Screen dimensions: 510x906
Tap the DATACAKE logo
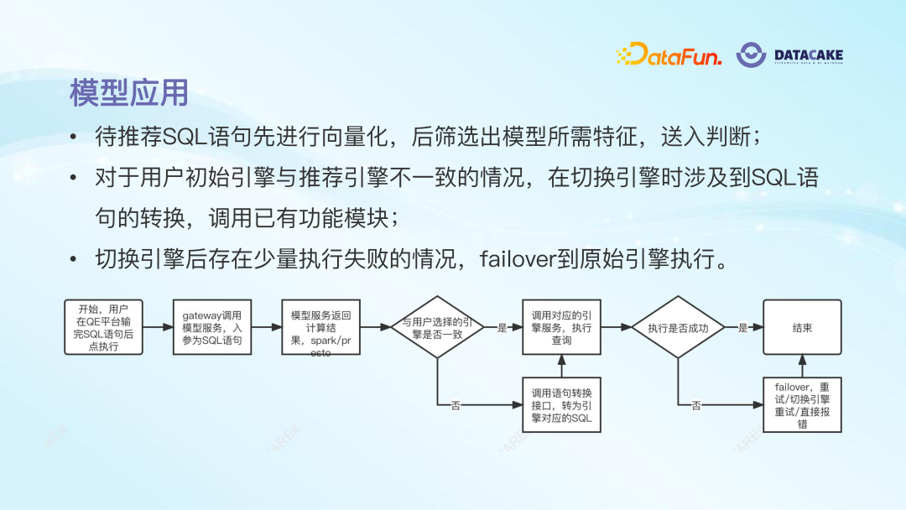coord(789,55)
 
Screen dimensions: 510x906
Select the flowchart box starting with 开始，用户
coord(104,327)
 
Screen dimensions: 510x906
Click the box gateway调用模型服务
coord(212,327)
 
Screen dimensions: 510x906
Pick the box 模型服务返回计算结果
coord(321,327)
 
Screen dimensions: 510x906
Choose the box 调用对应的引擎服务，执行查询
coord(561,327)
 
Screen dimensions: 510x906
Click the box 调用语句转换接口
coord(561,405)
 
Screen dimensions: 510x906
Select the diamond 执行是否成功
coord(678,328)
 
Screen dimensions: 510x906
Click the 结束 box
coord(802,327)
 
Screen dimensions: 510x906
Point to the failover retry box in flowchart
coord(802,405)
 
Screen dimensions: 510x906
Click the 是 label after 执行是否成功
coord(742,328)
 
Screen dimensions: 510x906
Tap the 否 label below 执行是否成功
coord(696,406)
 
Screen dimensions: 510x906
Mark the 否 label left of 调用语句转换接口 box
coord(456,406)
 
